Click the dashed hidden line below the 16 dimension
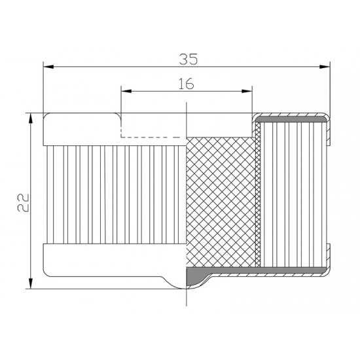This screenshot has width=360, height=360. click(x=154, y=137)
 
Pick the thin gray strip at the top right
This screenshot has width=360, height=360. click(x=291, y=120)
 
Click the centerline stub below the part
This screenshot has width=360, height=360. click(x=187, y=298)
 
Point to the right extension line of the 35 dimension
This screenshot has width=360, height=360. click(x=330, y=92)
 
